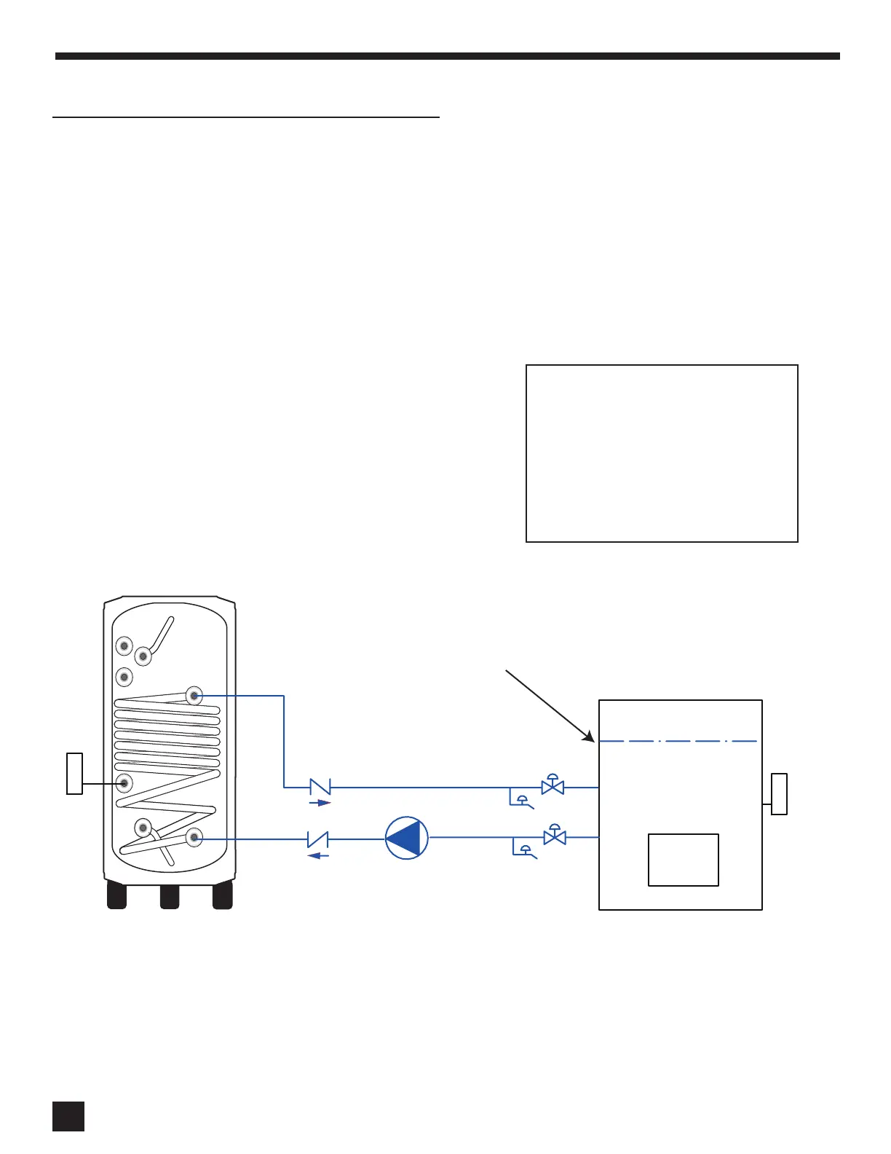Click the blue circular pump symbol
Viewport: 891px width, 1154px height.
pyautogui.click(x=407, y=838)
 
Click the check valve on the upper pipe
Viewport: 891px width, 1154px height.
pyautogui.click(x=320, y=787)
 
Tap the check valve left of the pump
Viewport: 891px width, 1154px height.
pyautogui.click(x=318, y=839)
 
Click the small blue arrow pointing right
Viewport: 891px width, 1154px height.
pyautogui.click(x=320, y=803)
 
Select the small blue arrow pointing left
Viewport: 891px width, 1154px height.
pyautogui.click(x=318, y=855)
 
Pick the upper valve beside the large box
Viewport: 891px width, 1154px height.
pyautogui.click(x=553, y=787)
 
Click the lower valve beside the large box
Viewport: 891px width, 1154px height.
pyautogui.click(x=555, y=838)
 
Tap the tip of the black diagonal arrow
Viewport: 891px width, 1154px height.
pyautogui.click(x=594, y=740)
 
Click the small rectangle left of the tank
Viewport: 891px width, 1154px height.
pyautogui.click(x=74, y=773)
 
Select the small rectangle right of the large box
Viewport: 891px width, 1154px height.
pyautogui.click(x=779, y=793)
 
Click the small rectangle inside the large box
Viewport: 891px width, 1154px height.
pyautogui.click(x=683, y=860)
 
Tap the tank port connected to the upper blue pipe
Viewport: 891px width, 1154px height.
pyautogui.click(x=194, y=696)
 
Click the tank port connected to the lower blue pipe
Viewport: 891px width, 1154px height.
pyautogui.click(x=194, y=838)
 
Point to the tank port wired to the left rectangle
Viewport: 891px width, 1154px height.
pyautogui.click(x=124, y=783)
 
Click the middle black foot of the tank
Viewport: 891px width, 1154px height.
pyautogui.click(x=170, y=896)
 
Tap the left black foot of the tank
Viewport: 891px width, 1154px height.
pyautogui.click(x=116, y=896)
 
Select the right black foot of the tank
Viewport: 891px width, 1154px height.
pyautogui.click(x=223, y=896)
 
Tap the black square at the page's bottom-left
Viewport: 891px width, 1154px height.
pyautogui.click(x=68, y=1116)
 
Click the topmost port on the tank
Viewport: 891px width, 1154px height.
pyautogui.click(x=124, y=646)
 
